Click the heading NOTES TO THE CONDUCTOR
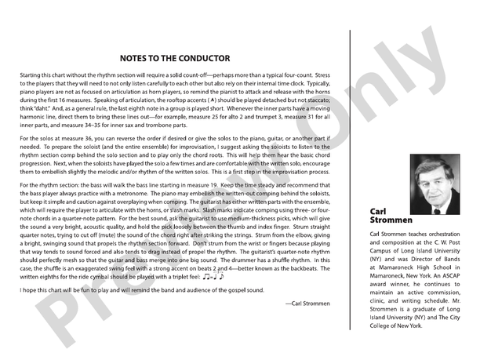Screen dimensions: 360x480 pos(175,58)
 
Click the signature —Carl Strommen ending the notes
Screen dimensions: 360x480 pos(308,302)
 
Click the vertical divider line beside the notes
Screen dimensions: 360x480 pos(349,180)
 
